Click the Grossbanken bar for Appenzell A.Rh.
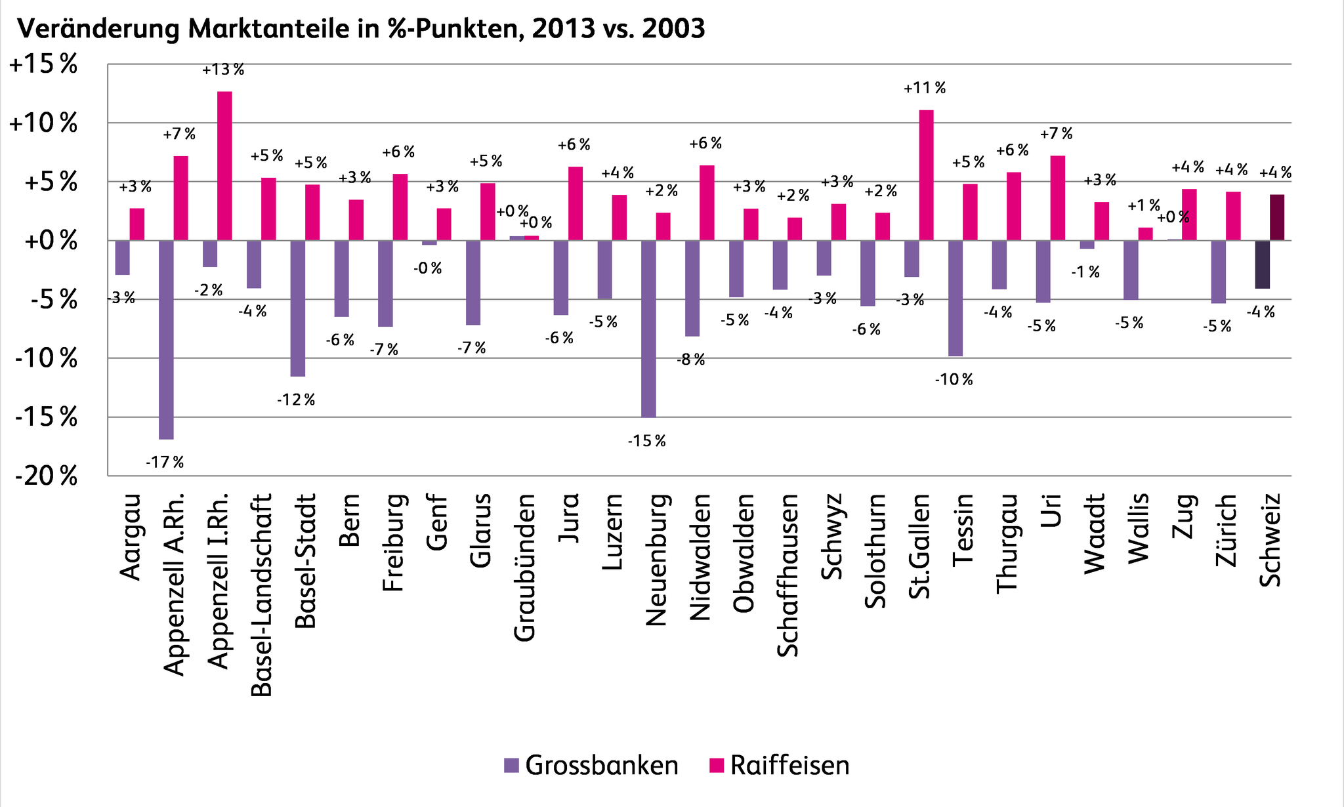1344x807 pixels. coord(166,339)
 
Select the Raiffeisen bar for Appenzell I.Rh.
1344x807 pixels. coord(224,166)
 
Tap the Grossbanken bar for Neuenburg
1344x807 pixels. coord(648,328)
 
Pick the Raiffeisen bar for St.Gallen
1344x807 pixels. coord(926,175)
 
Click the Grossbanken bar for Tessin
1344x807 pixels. coord(955,299)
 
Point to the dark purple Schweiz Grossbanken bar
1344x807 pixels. coord(1262,264)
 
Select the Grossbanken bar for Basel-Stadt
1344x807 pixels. coord(298,308)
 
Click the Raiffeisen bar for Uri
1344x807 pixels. coord(1057,198)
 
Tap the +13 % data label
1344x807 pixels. coord(223,70)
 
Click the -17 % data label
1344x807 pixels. coord(165,463)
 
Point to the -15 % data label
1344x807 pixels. coord(646,441)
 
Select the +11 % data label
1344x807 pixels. coord(925,88)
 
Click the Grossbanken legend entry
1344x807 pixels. coord(591,766)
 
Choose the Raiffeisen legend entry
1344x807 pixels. coord(780,766)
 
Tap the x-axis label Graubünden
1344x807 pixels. coord(524,567)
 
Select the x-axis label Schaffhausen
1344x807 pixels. coord(787,575)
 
